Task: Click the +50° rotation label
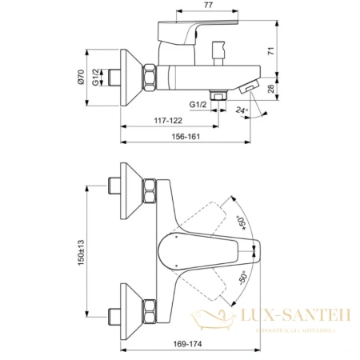[240, 218]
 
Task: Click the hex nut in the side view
[150, 78]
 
